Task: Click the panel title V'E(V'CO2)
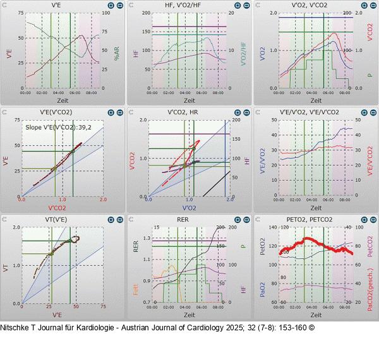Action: coord(62,112)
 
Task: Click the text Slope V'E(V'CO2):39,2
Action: coord(61,127)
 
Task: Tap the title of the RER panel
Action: coord(189,220)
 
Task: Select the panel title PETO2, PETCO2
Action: coord(316,220)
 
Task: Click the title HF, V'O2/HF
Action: coord(189,5)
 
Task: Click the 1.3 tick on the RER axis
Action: coord(147,238)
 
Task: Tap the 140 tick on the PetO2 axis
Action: coord(273,227)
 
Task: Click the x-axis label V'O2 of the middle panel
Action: coord(189,207)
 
